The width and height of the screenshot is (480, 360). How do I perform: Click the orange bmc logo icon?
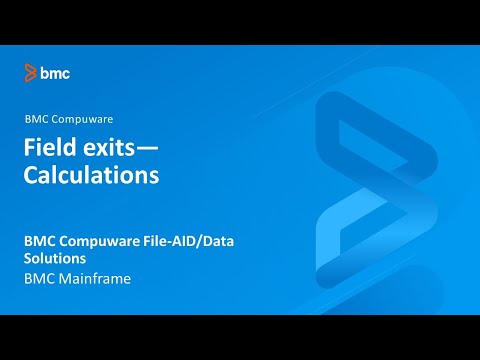click(x=30, y=72)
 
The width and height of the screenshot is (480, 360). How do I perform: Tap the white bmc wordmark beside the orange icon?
click(x=54, y=72)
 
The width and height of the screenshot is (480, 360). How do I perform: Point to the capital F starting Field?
click(x=29, y=149)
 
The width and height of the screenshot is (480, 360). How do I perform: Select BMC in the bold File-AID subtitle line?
click(x=41, y=241)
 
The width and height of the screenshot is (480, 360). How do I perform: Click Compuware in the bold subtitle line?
click(x=100, y=241)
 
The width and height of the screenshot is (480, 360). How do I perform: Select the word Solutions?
click(x=56, y=259)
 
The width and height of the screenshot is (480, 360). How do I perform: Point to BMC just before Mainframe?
click(x=40, y=279)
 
